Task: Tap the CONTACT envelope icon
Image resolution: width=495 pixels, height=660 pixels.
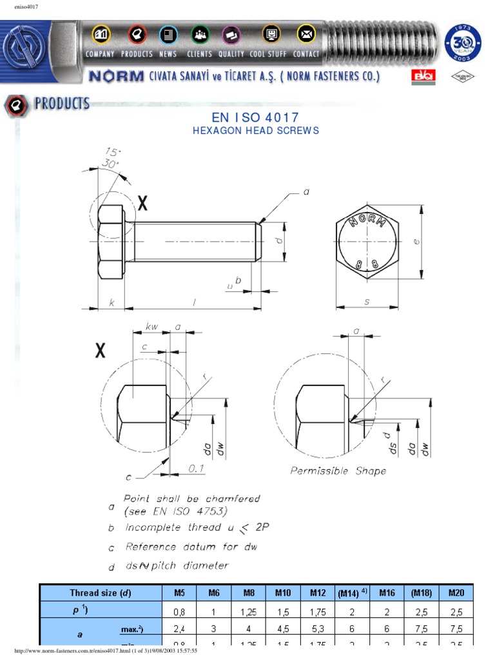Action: coord(306,34)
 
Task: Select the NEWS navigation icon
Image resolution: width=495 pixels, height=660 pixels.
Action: coord(168,34)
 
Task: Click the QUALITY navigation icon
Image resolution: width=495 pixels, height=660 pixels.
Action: coord(231,34)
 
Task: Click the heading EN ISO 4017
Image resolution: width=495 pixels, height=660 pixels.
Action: coord(255,117)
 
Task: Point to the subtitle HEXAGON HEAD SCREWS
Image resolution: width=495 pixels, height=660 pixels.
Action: coord(255,130)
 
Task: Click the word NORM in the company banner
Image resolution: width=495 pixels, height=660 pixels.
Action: coord(116,77)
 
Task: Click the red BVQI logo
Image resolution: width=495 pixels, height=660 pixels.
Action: coord(423,77)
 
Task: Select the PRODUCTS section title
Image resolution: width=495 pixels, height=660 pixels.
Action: coord(62,104)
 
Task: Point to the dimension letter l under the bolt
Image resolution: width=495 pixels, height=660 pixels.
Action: coord(193,302)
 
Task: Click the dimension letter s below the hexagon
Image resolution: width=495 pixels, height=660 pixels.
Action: coord(367,301)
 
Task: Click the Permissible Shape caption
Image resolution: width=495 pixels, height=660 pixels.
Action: coord(338,471)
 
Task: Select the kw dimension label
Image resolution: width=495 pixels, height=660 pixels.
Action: coord(151,327)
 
